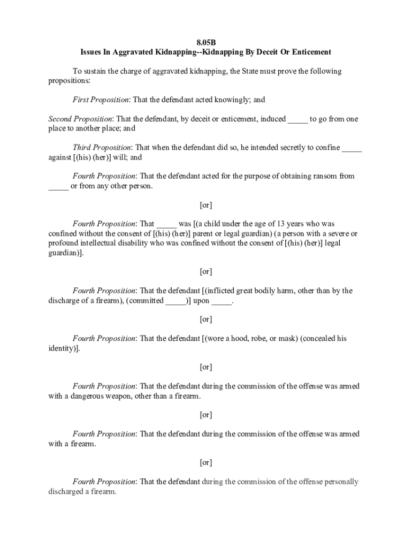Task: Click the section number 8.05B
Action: pyautogui.click(x=206, y=42)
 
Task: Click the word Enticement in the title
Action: pyautogui.click(x=311, y=52)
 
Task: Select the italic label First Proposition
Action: pyautogui.click(x=101, y=100)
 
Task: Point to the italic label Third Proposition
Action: pyautogui.click(x=102, y=148)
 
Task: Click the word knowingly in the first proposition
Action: pyautogui.click(x=234, y=100)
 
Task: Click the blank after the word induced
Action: pyautogui.click(x=297, y=119)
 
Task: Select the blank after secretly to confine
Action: pyautogui.click(x=352, y=148)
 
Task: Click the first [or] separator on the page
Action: pyautogui.click(x=206, y=205)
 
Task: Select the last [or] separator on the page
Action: pyautogui.click(x=206, y=462)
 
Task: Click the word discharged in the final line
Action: pyautogui.click(x=67, y=491)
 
